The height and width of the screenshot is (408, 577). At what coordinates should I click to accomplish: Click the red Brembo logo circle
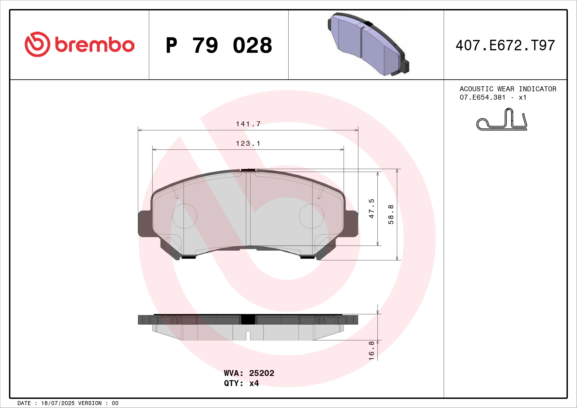pos(37,44)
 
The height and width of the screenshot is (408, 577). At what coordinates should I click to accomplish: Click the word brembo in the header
pos(94,45)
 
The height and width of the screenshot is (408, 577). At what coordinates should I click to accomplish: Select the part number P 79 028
pos(219,45)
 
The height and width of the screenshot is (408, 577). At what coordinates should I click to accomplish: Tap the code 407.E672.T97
pos(505,45)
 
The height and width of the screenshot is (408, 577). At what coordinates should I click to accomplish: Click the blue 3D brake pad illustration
pos(368,44)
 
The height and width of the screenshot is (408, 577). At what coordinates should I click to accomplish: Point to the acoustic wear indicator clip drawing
pos(502,120)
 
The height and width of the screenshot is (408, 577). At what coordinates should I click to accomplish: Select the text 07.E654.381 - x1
pos(493,97)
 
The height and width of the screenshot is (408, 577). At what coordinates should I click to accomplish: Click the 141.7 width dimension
pos(248,124)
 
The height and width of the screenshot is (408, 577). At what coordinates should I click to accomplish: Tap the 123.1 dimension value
pos(248,144)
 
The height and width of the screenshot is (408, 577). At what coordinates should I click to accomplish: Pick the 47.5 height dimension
pos(372,208)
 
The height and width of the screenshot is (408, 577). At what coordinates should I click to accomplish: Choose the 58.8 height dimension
pos(391,214)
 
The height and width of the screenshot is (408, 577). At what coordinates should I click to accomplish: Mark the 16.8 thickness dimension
pos(372,351)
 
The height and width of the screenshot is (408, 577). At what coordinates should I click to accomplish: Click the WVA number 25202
pos(261,373)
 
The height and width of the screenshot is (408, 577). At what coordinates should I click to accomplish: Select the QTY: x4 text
pos(241,383)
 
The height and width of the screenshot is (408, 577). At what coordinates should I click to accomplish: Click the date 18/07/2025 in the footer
pos(58,403)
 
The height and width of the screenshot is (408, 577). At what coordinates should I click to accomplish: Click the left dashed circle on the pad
pos(185,216)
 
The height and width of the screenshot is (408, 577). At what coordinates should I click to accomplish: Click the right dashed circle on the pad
pos(311,216)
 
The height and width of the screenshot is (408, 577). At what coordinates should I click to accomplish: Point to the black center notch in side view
pos(248,319)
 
